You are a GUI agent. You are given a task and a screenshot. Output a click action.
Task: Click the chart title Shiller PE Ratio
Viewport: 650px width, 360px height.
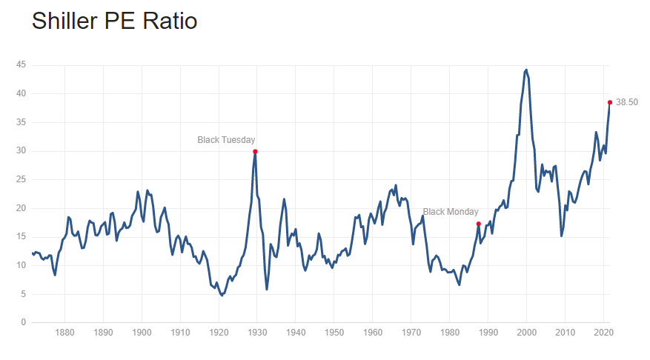(x=114, y=21)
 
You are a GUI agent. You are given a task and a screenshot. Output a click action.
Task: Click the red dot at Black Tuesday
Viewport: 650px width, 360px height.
(x=255, y=151)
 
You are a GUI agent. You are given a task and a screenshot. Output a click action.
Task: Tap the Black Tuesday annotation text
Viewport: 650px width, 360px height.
(x=226, y=139)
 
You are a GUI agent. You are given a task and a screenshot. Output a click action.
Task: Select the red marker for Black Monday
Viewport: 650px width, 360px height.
(x=478, y=224)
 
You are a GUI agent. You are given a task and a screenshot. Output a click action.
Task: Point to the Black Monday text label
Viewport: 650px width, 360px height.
(x=451, y=212)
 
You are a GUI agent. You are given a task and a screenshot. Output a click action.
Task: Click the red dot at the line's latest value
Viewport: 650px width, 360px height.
(x=610, y=102)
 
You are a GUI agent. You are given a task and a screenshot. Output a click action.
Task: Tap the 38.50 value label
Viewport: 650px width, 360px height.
(x=626, y=102)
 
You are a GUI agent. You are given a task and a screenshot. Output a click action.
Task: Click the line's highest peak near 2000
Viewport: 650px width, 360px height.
(x=526, y=70)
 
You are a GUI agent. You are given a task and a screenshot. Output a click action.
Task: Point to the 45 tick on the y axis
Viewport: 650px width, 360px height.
(x=22, y=65)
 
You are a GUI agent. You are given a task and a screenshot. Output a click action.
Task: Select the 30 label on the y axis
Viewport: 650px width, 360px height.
(x=22, y=151)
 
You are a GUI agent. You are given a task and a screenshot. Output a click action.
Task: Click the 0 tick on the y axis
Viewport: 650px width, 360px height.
(x=24, y=323)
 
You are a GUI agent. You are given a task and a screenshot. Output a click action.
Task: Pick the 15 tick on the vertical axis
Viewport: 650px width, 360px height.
(x=22, y=237)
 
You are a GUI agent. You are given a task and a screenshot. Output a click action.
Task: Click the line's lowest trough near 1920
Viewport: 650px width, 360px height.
(x=222, y=295)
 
